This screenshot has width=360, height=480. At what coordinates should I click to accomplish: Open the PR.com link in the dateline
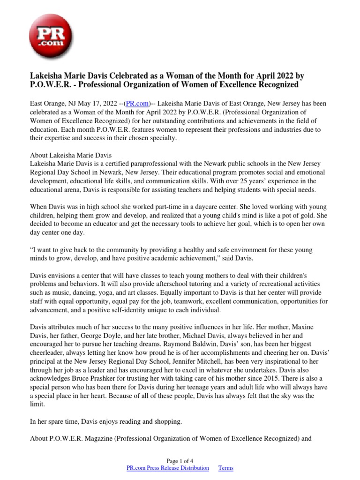click(x=139, y=103)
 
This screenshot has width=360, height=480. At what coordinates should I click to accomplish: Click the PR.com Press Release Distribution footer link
click(x=168, y=468)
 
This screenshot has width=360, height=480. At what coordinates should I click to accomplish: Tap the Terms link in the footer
click(x=226, y=468)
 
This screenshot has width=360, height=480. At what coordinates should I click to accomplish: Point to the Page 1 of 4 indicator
click(x=180, y=460)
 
